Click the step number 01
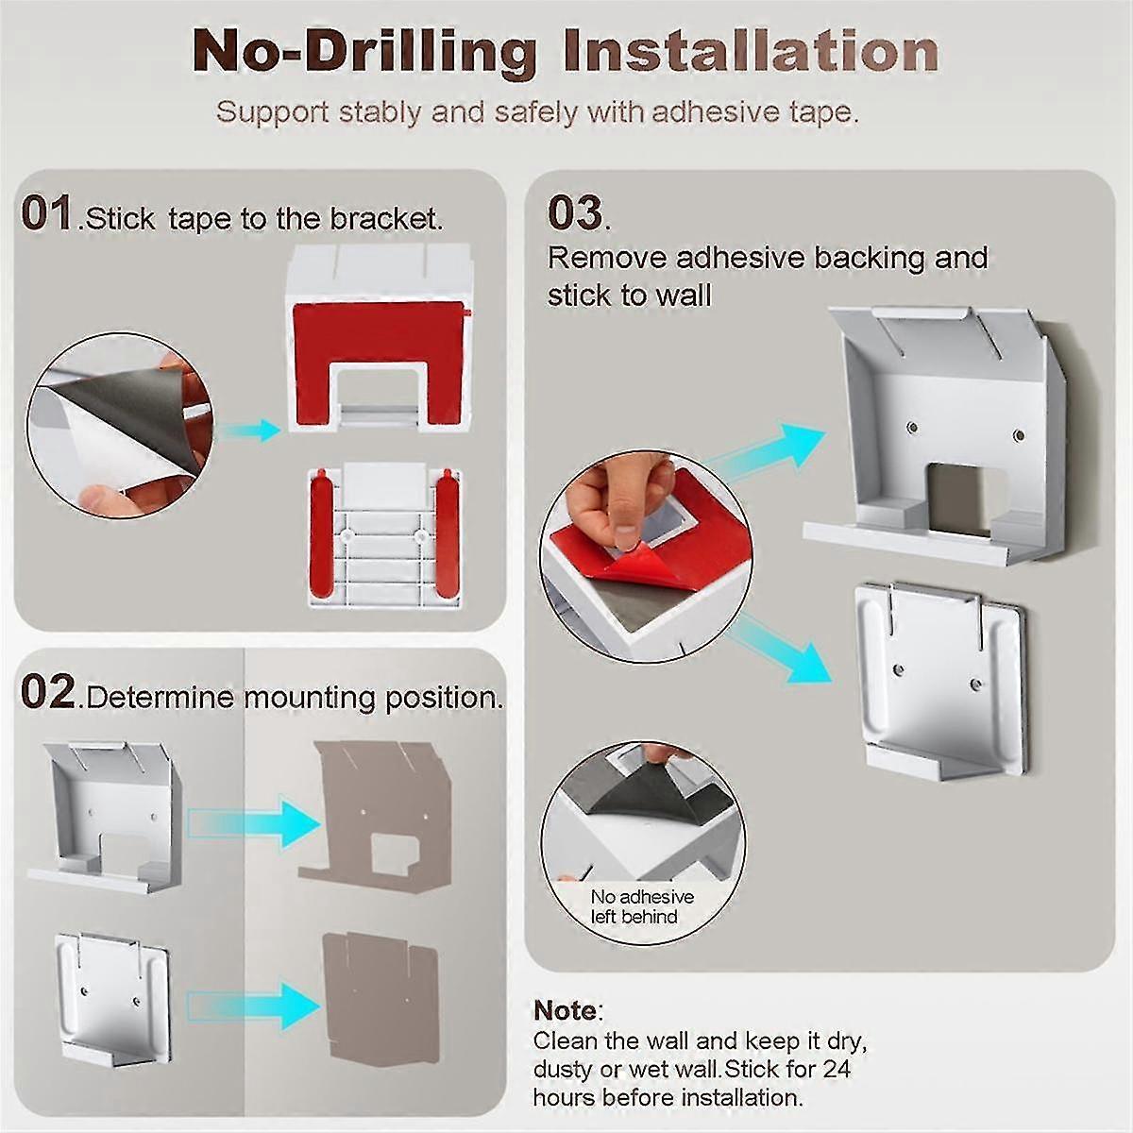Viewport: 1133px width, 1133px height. (46, 213)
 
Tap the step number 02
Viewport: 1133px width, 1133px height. (48, 692)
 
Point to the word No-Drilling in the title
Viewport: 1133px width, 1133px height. (364, 55)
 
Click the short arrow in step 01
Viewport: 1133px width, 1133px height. (249, 431)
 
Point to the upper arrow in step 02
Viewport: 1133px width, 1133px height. (254, 823)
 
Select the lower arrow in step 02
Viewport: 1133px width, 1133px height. (254, 1006)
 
